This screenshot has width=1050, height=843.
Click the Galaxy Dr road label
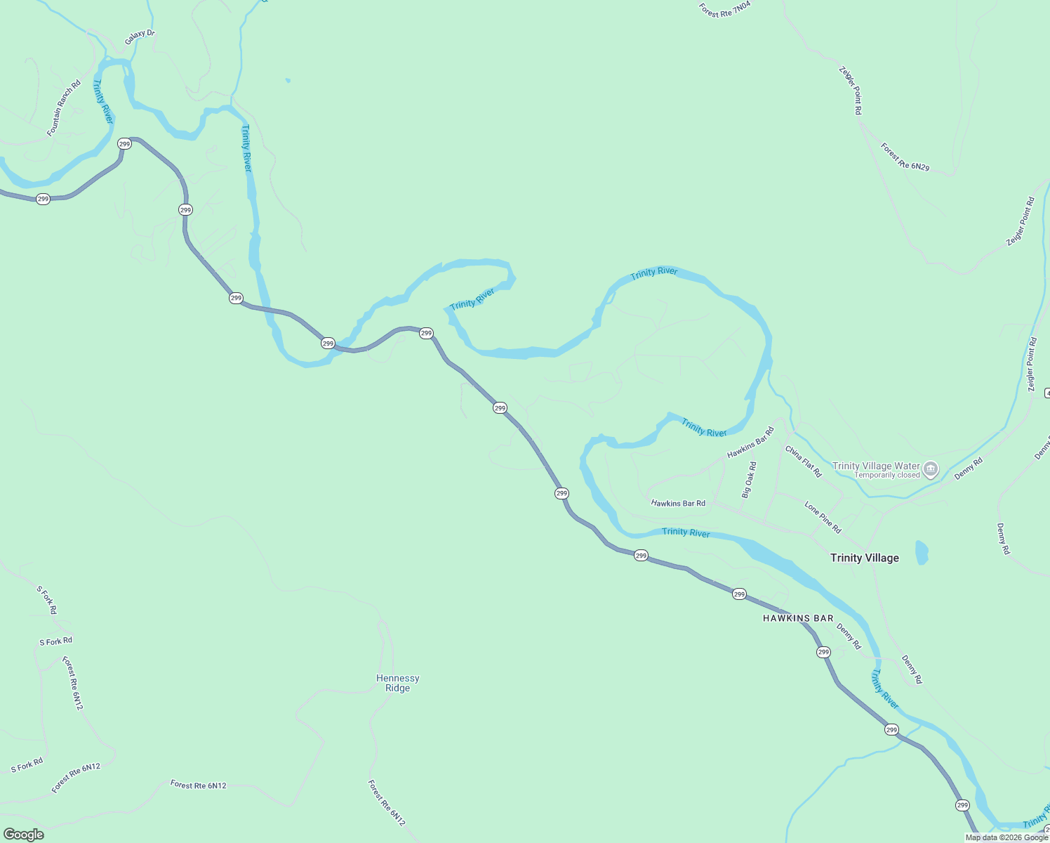140,37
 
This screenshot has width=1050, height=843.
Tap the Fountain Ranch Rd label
64,108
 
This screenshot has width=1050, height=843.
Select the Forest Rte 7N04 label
725,9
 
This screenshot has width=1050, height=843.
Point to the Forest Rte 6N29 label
905,157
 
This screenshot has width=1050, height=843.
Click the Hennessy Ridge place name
397,683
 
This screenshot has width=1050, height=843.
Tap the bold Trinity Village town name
864,558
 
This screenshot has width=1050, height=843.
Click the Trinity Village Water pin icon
931,469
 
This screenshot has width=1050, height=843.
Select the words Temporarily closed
886,476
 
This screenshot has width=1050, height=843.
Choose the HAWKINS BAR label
798,618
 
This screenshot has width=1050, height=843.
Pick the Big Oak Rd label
749,480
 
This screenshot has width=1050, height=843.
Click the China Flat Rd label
803,462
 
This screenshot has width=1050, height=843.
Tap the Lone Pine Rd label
823,518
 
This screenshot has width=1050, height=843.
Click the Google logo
24,834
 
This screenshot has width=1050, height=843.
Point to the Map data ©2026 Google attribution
1006,837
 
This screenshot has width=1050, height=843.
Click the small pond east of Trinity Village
922,552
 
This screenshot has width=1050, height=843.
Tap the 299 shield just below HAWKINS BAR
823,652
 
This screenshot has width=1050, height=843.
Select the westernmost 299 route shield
44,199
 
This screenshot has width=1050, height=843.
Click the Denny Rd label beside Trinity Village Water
968,469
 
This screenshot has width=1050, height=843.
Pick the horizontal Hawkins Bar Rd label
678,503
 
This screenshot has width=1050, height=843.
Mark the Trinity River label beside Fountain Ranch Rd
103,102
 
